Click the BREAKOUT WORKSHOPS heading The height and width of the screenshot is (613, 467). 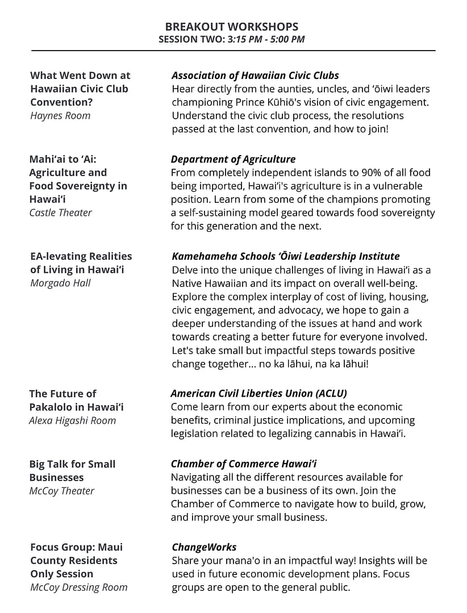tap(231, 27)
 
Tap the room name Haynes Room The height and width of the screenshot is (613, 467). tap(60, 115)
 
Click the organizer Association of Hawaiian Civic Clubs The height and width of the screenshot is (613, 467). tap(255, 75)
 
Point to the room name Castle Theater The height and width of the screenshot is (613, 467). tap(60, 212)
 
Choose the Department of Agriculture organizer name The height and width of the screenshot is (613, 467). tap(233, 159)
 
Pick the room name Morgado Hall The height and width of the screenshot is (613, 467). tap(60, 283)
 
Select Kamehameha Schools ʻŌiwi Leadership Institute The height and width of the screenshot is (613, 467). tap(285, 256)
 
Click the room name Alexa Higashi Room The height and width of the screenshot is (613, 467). tap(72, 420)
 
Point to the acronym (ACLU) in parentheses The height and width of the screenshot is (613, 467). tap(330, 393)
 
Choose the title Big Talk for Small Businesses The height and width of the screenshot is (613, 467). tap(72, 470)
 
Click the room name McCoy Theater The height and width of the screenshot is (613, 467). tap(62, 491)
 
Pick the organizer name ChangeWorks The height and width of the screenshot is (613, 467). tap(204, 547)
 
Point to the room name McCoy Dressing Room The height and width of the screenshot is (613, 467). tap(78, 587)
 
